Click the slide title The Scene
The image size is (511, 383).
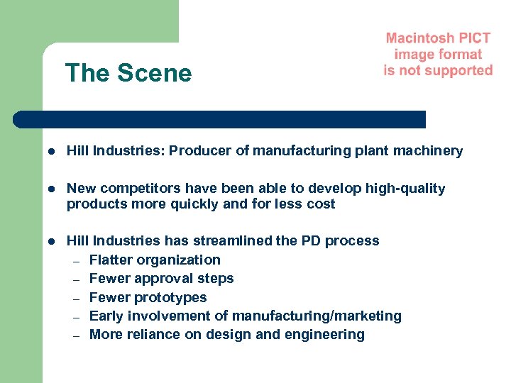coord(128,73)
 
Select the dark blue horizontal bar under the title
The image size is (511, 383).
coord(220,119)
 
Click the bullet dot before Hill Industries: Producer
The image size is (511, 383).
coord(52,151)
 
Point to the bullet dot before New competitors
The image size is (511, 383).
coord(52,189)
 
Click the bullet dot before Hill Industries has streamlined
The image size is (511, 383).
coord(52,241)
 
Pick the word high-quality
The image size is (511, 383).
coord(405,188)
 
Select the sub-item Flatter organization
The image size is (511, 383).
coord(155,260)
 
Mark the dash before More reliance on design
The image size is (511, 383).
coord(77,335)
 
